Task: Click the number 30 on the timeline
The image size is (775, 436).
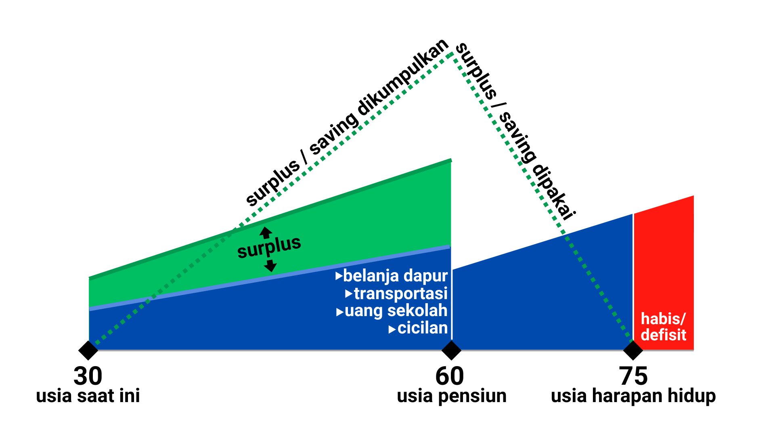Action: pyautogui.click(x=88, y=376)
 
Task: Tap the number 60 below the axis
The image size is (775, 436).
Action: pyautogui.click(x=450, y=376)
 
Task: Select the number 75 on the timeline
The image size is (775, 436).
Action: pyautogui.click(x=633, y=376)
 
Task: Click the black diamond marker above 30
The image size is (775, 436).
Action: pyautogui.click(x=88, y=350)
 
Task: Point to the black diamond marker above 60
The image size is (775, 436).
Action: pyautogui.click(x=451, y=350)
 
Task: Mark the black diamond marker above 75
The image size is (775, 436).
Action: pyautogui.click(x=633, y=350)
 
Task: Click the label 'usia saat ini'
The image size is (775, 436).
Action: pyautogui.click(x=88, y=396)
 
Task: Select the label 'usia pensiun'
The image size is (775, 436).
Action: pyautogui.click(x=452, y=396)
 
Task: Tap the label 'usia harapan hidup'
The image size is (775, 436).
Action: pyautogui.click(x=633, y=396)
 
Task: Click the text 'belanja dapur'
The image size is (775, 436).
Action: pyautogui.click(x=395, y=276)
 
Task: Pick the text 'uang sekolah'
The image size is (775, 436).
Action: pyautogui.click(x=396, y=311)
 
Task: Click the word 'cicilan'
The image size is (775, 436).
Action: pyautogui.click(x=423, y=328)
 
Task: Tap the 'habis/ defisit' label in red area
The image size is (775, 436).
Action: pyautogui.click(x=663, y=327)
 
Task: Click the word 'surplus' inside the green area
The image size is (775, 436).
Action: pyautogui.click(x=269, y=247)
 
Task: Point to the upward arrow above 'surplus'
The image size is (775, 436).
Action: pyautogui.click(x=266, y=232)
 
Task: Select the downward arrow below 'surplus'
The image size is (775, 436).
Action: pyautogui.click(x=270, y=266)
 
